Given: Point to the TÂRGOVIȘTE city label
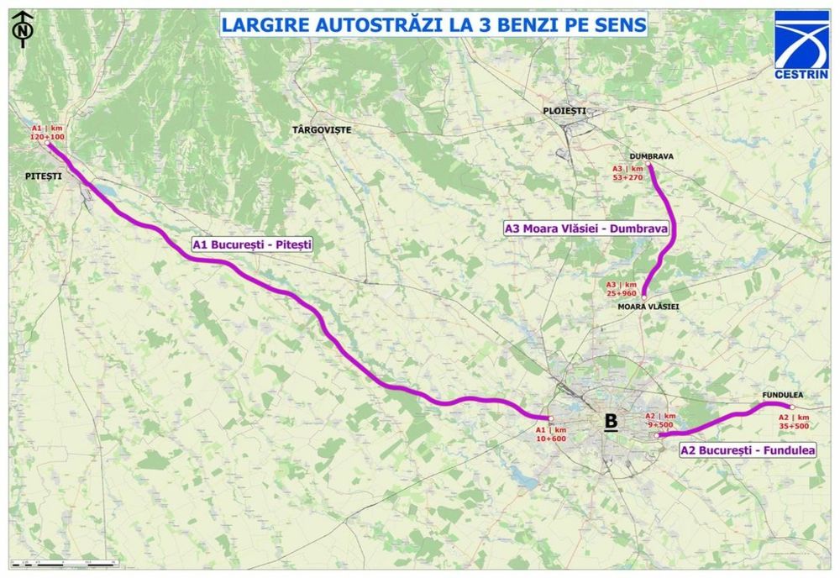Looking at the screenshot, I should [321, 129].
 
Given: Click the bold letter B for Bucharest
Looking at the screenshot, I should [612, 422].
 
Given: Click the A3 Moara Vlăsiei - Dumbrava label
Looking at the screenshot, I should [585, 228].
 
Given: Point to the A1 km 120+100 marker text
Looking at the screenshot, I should [48, 132].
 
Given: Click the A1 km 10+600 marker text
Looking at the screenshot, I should [551, 434].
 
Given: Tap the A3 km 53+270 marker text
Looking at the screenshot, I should [628, 172].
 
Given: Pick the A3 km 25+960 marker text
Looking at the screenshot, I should [622, 289].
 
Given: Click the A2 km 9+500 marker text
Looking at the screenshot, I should [660, 421].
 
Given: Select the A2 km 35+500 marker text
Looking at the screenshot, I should [794, 422].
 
